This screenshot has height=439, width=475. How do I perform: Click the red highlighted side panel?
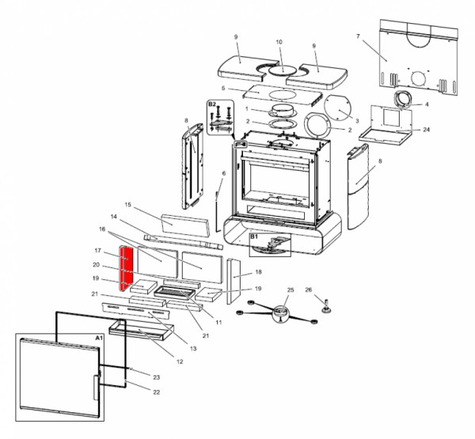coord(124,268)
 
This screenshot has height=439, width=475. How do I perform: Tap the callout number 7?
coord(358,37)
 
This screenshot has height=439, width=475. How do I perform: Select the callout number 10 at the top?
coord(279,42)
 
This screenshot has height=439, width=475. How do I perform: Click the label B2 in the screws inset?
coord(212,104)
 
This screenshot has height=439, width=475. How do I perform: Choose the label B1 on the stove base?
coord(255,236)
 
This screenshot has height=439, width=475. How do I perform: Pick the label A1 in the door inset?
coord(99,337)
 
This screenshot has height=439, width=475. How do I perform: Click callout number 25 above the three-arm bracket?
coord(291,290)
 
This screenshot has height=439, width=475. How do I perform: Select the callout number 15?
coord(127,204)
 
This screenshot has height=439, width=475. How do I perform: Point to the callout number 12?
coord(180,361)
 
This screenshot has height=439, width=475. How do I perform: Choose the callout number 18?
coord(258,272)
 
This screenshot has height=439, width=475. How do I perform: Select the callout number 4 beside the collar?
coord(427,104)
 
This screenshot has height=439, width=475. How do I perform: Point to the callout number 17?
coord(96,251)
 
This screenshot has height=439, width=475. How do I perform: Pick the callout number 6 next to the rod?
coord(223,173)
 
